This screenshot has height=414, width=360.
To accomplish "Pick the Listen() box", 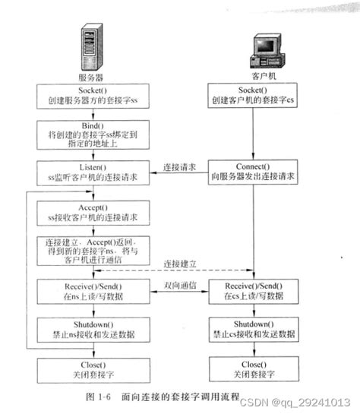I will click(x=89, y=172).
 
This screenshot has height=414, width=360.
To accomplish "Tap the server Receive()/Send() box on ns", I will click(x=89, y=292).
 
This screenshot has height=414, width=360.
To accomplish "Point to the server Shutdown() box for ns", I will click(x=89, y=329).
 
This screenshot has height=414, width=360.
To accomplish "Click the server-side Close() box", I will click(x=89, y=368).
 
